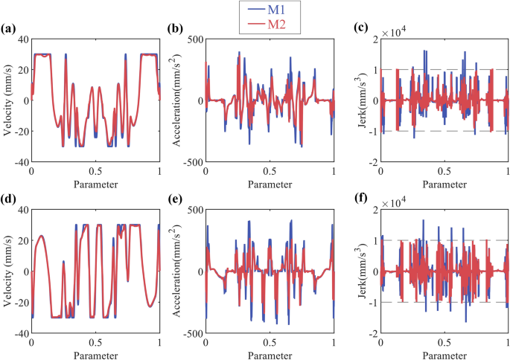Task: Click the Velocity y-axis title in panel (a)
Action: [7, 100]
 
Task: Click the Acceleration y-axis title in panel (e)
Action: [181, 271]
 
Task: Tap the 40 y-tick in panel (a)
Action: [22, 39]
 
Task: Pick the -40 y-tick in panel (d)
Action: [19, 333]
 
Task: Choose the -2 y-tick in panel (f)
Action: [370, 333]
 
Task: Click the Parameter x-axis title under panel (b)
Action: [270, 184]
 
